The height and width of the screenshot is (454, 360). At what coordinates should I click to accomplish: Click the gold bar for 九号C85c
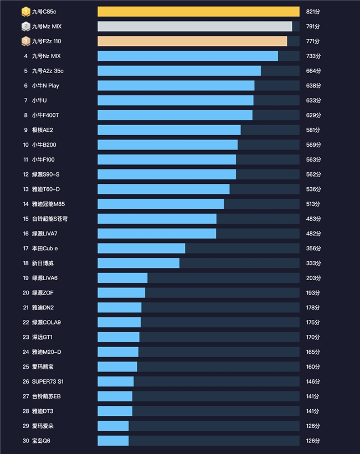coord(198,12)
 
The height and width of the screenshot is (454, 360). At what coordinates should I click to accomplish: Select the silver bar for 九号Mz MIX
coord(194,26)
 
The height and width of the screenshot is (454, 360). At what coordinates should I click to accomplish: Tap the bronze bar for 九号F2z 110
coord(192,41)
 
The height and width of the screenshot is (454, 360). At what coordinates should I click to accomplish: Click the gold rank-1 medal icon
coord(25,12)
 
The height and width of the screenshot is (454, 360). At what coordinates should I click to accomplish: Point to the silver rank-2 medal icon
coord(25,26)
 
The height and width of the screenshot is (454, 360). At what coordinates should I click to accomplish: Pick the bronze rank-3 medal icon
coord(25,41)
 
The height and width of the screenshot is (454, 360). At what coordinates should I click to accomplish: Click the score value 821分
coord(313,12)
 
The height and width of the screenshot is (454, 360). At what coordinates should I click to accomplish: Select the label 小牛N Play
coord(45,86)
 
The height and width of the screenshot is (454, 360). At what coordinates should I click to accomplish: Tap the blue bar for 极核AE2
coord(169,130)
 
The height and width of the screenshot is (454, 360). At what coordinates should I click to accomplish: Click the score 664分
coord(313,71)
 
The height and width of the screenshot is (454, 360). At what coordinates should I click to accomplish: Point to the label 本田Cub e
coord(45,249)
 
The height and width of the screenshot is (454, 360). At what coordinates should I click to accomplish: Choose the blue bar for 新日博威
coord(138,263)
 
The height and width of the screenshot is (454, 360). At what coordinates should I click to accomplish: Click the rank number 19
coord(25,278)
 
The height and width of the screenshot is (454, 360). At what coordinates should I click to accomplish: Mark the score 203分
coord(313,278)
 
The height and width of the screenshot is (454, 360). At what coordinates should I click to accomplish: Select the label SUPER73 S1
coord(48,381)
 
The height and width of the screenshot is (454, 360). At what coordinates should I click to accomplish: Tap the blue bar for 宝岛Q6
coord(113,441)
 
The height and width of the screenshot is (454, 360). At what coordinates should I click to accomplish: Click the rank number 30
coord(25,441)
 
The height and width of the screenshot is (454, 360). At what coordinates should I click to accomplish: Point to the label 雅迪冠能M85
coord(48,204)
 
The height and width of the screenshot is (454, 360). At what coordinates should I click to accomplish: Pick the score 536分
coord(313,189)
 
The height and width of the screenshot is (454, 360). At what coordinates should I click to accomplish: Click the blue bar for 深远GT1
coord(119,337)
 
